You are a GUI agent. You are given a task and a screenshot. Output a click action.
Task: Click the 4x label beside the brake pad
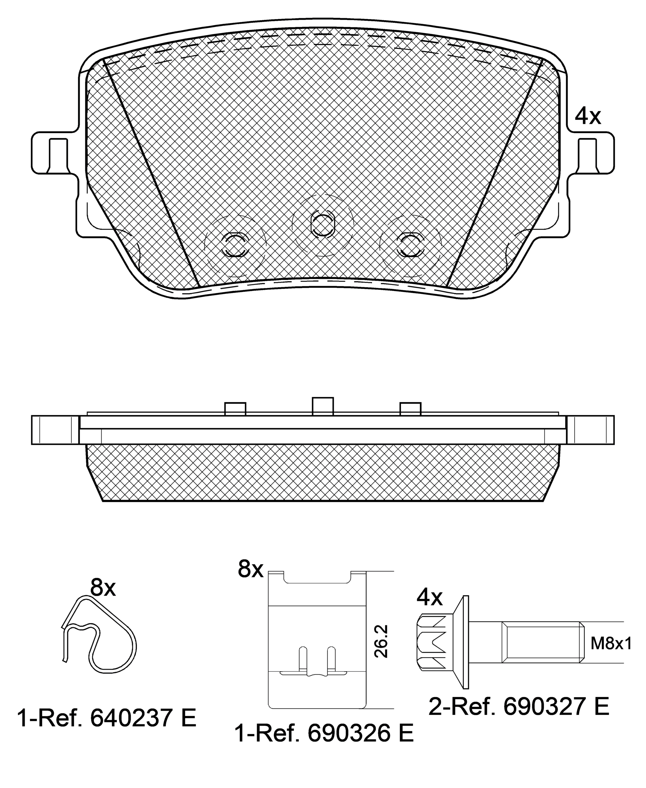click(x=588, y=116)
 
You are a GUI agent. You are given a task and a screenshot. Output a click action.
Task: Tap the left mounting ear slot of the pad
click(x=58, y=156)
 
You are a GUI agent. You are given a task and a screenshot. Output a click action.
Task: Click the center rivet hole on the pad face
click(x=323, y=225)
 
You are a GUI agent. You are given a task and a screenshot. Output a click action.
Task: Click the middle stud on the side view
click(x=323, y=406)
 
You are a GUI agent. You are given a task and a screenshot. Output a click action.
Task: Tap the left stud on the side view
click(x=235, y=409)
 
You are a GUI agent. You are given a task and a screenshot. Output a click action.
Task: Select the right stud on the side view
click(x=411, y=409)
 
